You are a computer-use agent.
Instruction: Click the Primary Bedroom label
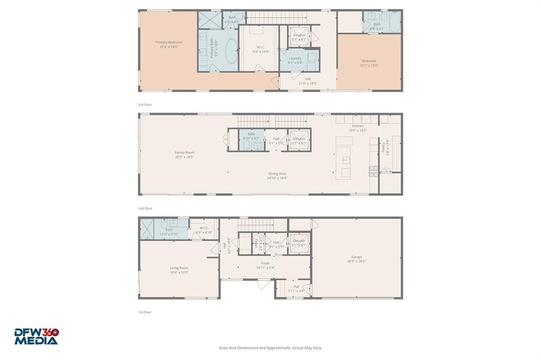tap(169, 44)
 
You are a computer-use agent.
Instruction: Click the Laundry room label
tap(295, 60)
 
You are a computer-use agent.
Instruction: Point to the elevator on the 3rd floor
tap(299, 37)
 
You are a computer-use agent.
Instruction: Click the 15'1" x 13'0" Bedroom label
tap(369, 63)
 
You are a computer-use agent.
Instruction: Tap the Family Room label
tap(184, 155)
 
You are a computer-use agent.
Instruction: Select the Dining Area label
tap(277, 176)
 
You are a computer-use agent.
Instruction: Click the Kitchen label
tap(358, 128)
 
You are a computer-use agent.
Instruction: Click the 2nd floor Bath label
tap(251, 136)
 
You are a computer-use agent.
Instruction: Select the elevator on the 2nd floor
tap(299, 141)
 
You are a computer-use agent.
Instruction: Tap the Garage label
tap(356, 259)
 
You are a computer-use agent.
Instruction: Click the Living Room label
tap(179, 270)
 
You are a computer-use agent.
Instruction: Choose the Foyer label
tap(265, 265)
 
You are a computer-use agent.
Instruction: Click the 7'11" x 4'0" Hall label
tap(296, 288)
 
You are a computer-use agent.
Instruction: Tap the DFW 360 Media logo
tap(36, 336)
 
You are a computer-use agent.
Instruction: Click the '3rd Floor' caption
tap(145, 105)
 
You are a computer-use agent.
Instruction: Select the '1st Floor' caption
tap(145, 312)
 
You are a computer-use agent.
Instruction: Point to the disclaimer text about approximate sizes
tap(270, 348)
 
